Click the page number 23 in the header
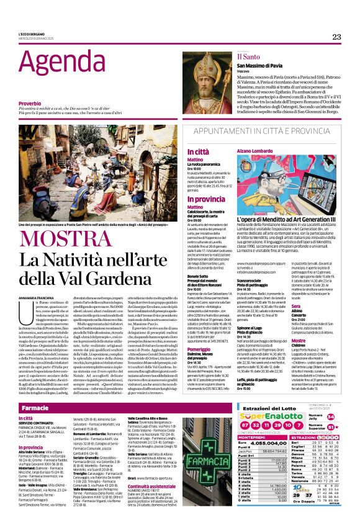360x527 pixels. pos(336,37)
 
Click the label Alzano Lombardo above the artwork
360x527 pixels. pos(254,151)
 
